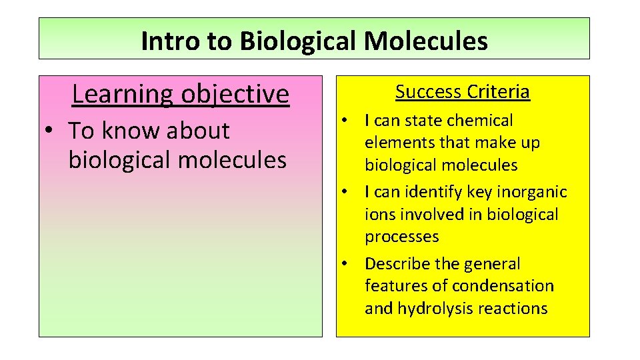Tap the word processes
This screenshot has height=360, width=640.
401,237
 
